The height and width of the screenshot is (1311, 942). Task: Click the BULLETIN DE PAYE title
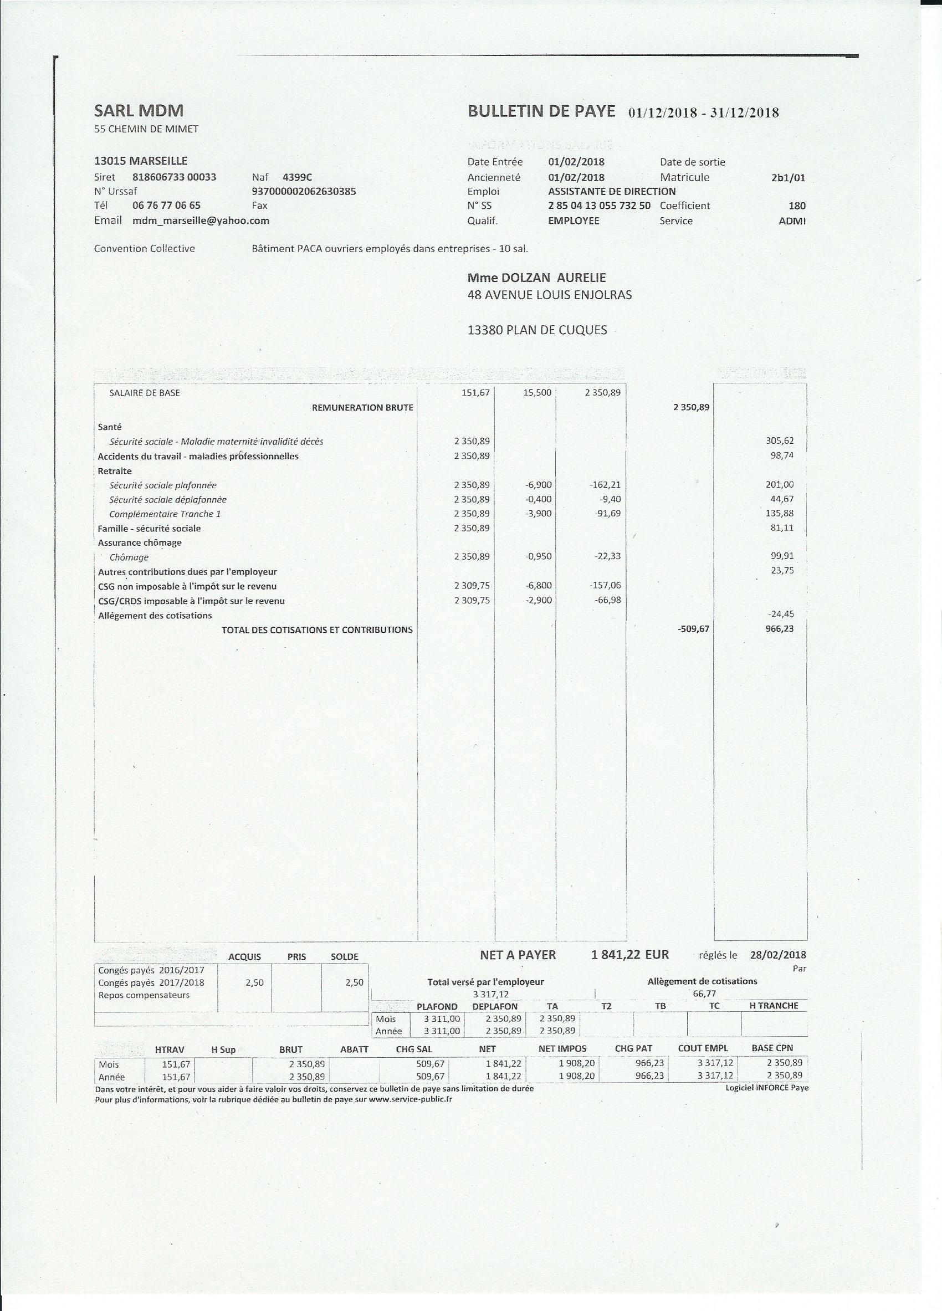541,111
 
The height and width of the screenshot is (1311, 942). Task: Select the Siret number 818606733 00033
174,177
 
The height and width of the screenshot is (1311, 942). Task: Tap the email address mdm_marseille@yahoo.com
201,220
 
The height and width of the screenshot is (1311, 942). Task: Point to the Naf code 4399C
297,177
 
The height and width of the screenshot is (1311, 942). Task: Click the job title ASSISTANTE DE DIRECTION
611,191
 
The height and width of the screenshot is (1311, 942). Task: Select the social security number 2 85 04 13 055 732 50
598,205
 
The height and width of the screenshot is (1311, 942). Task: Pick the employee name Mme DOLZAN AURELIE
536,278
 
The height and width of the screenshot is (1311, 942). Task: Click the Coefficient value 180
796,205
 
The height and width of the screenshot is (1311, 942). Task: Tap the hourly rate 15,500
537,392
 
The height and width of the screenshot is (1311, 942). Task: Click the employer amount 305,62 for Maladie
780,441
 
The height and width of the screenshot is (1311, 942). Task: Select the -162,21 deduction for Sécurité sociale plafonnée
605,485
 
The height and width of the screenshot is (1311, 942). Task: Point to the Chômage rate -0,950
539,556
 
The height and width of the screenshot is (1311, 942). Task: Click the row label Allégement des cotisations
155,616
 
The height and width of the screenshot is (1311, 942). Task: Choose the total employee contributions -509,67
693,629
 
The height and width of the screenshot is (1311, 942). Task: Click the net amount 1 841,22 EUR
629,955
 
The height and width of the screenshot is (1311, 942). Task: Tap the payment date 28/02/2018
778,955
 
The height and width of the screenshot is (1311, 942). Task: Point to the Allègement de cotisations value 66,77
704,994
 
